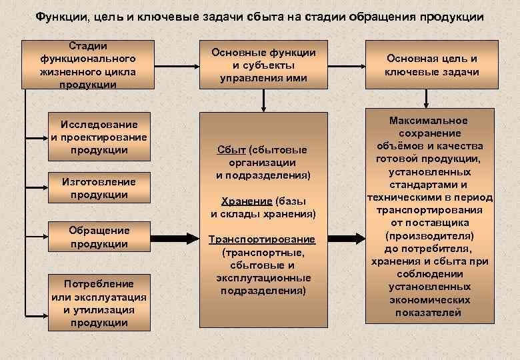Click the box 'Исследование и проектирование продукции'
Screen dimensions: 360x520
[98, 137]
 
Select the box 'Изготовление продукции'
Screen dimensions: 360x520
[98, 188]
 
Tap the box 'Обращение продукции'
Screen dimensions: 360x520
[99, 237]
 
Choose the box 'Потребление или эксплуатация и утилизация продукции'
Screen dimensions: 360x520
[99, 303]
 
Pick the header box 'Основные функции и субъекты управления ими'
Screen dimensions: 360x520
[263, 65]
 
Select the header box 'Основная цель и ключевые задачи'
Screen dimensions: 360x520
[431, 65]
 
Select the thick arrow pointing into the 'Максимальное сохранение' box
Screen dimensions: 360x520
[348, 237]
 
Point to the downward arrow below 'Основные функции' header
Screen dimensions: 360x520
[265, 99]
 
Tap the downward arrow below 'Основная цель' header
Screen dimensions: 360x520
[431, 99]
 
